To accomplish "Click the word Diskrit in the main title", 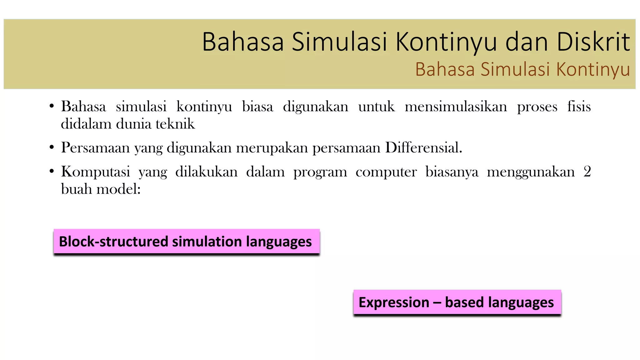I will tap(593, 42).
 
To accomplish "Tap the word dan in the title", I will tap(527, 42).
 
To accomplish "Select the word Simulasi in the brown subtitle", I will tap(515, 69).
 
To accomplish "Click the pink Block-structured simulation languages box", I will tap(187, 241).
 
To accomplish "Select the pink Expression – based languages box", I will tap(457, 302).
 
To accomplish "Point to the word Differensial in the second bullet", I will tap(423, 147).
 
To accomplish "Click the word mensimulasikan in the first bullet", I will tap(456, 107).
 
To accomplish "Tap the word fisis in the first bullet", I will tap(579, 107).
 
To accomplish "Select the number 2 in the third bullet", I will tap(587, 172).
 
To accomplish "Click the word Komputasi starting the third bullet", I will tap(95, 172).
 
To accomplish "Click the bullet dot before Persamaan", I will tap(52, 147).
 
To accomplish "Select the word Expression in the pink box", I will tap(394, 302).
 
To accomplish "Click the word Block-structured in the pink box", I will tap(113, 242).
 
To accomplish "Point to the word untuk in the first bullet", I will tap(376, 107).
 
